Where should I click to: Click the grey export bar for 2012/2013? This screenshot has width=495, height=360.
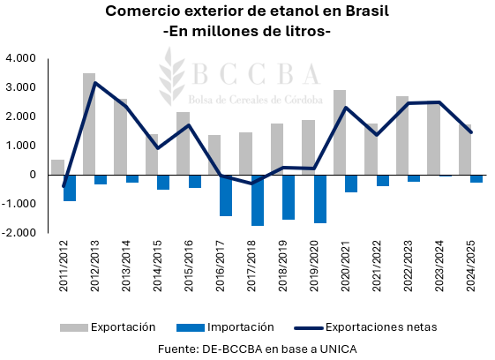pyautogui.click(x=89, y=124)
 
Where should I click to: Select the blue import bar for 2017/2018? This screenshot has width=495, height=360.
pyautogui.click(x=258, y=200)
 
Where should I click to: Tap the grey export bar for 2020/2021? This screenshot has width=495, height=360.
pyautogui.click(x=340, y=132)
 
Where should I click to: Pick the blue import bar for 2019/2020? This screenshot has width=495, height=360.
pyautogui.click(x=320, y=199)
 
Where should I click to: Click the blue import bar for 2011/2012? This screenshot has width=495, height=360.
pyautogui.click(x=70, y=188)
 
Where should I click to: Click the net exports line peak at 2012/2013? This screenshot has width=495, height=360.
pyautogui.click(x=95, y=83)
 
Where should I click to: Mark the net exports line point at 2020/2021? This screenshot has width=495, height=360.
pyautogui.click(x=346, y=108)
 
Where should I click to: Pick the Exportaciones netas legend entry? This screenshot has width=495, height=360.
pyautogui.click(x=375, y=326)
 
